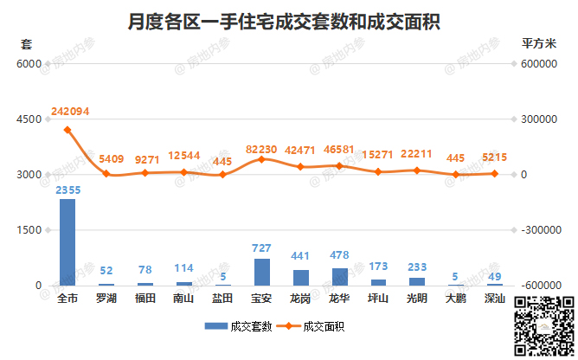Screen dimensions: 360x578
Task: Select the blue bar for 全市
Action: click(x=67, y=242)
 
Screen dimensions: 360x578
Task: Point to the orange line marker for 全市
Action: click(x=67, y=130)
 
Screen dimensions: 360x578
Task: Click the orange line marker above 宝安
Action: click(x=261, y=159)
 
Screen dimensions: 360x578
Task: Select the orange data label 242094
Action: click(x=70, y=112)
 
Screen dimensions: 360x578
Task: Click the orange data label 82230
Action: click(x=262, y=149)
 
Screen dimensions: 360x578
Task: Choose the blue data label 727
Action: click(x=261, y=248)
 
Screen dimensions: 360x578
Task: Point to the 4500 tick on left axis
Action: click(x=28, y=119)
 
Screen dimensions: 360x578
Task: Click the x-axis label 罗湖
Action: click(x=106, y=299)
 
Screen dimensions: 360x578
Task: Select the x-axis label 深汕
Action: click(x=494, y=299)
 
